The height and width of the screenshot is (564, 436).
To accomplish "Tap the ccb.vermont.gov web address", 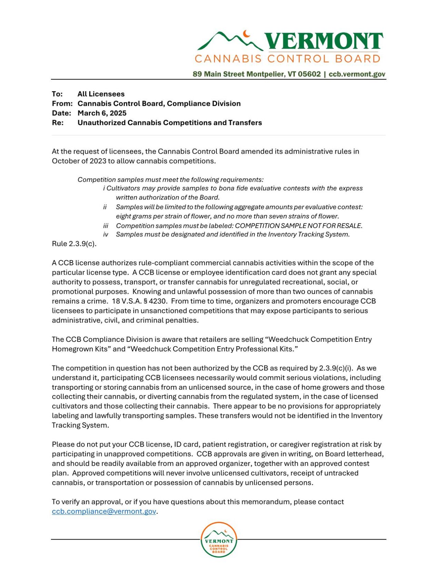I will click(357, 74).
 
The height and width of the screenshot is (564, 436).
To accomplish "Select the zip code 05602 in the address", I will click(309, 74).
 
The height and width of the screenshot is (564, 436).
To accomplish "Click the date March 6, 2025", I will click(102, 113).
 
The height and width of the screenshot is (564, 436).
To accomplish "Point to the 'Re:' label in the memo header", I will click(58, 123).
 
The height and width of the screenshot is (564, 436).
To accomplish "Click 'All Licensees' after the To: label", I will click(101, 94).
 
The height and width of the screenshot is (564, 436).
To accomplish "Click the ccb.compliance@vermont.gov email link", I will click(104, 511).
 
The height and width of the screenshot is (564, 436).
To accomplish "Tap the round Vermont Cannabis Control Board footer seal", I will click(219, 540).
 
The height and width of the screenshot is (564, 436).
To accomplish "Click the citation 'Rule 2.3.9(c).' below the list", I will click(74, 244).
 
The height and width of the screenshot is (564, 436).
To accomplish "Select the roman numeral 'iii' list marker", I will click(105, 226).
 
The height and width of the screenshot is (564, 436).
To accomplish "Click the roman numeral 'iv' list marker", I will click(105, 234).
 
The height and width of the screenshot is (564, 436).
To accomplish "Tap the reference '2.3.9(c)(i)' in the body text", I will click(336, 368).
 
